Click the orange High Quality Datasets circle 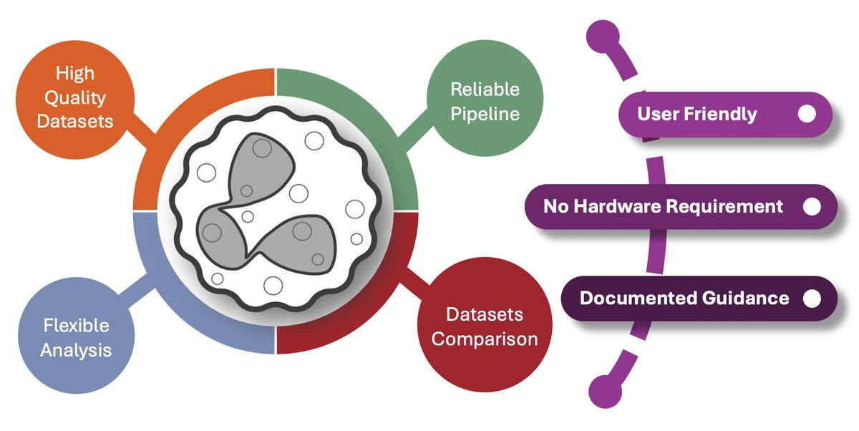click(74, 97)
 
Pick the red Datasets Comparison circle click(484, 326)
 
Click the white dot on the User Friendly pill click(807, 114)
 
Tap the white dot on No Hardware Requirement click(811, 207)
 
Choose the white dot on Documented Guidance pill click(812, 298)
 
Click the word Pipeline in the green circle click(485, 113)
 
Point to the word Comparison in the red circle click(484, 338)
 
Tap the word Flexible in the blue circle click(76, 326)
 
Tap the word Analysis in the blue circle click(76, 350)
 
